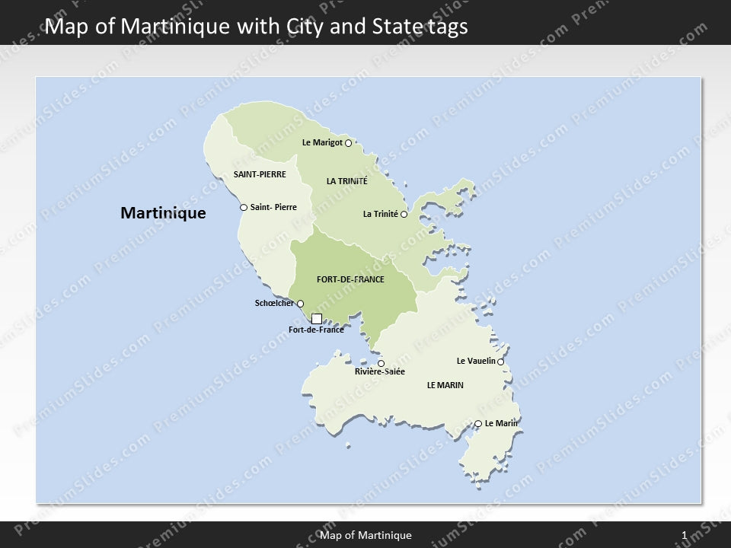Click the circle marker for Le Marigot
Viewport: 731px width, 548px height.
pyautogui.click(x=348, y=143)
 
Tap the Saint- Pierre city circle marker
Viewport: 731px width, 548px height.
pyautogui.click(x=244, y=207)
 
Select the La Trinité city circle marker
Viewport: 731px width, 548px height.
pyautogui.click(x=404, y=215)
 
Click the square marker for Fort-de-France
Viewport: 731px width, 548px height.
pyautogui.click(x=317, y=319)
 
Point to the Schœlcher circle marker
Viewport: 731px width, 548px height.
pyautogui.click(x=300, y=304)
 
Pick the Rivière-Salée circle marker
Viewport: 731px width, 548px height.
pyautogui.click(x=381, y=363)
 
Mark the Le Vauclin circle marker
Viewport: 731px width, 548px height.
pyautogui.click(x=500, y=362)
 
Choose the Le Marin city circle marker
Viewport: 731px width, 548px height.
pyautogui.click(x=478, y=424)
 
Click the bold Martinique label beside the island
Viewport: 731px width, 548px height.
pyautogui.click(x=163, y=213)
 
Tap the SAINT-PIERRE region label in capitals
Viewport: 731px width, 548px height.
pyautogui.click(x=260, y=174)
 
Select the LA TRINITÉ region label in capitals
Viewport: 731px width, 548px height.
pyautogui.click(x=346, y=181)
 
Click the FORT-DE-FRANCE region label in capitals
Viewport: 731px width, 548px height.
pyautogui.click(x=350, y=279)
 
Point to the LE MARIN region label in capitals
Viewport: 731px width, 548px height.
pyautogui.click(x=445, y=386)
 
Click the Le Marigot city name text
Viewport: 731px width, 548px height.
pyautogui.click(x=322, y=142)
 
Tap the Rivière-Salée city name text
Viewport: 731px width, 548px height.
pyautogui.click(x=380, y=372)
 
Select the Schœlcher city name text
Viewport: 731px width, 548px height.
pyautogui.click(x=274, y=304)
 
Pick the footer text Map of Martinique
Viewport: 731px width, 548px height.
pyautogui.click(x=366, y=536)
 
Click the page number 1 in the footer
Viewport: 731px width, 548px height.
pyautogui.click(x=685, y=536)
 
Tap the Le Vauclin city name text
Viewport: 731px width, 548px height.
pyautogui.click(x=476, y=361)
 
